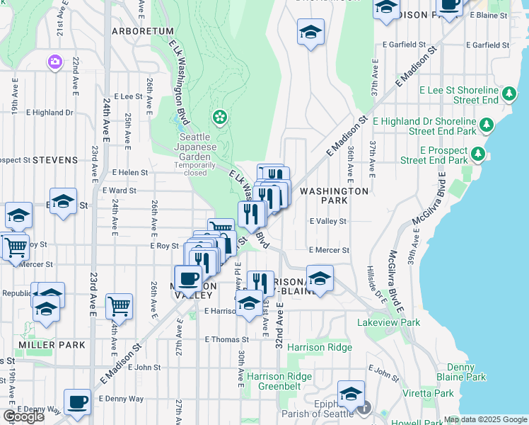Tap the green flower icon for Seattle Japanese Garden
pos(220,116)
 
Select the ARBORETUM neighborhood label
pos(143,31)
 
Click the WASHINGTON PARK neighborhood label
pos(334,195)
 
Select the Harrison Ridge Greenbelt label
pos(279,381)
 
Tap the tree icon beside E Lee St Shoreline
pos(508,93)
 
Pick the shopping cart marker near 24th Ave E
pos(120,306)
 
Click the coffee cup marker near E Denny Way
pos(77,402)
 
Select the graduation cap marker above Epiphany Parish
pos(351,393)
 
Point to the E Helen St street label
pos(130,172)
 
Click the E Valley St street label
pos(328,221)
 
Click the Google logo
pos(24,416)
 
